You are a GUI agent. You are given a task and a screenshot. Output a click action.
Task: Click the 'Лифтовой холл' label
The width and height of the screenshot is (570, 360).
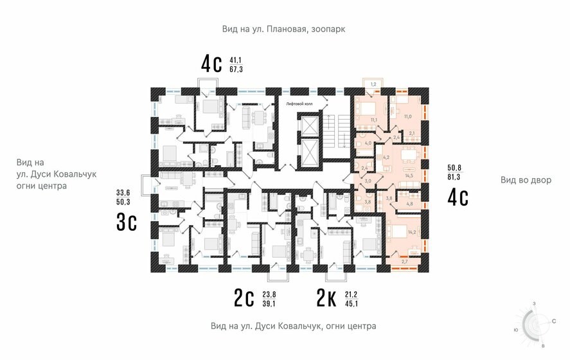pyautogui.click(x=299, y=104)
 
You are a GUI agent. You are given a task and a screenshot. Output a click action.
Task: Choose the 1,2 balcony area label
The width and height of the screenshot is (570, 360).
pyautogui.click(x=373, y=84)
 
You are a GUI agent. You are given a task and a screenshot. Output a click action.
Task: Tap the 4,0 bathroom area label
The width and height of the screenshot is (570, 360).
pyautogui.click(x=369, y=143)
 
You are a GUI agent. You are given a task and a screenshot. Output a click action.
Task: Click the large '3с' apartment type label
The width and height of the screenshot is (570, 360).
pyautogui.click(x=127, y=221)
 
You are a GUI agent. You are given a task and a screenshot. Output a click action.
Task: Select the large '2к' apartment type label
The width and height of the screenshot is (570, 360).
pyautogui.click(x=329, y=299)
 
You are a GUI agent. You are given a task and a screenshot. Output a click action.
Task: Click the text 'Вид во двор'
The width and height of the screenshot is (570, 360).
pyautogui.click(x=526, y=180)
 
